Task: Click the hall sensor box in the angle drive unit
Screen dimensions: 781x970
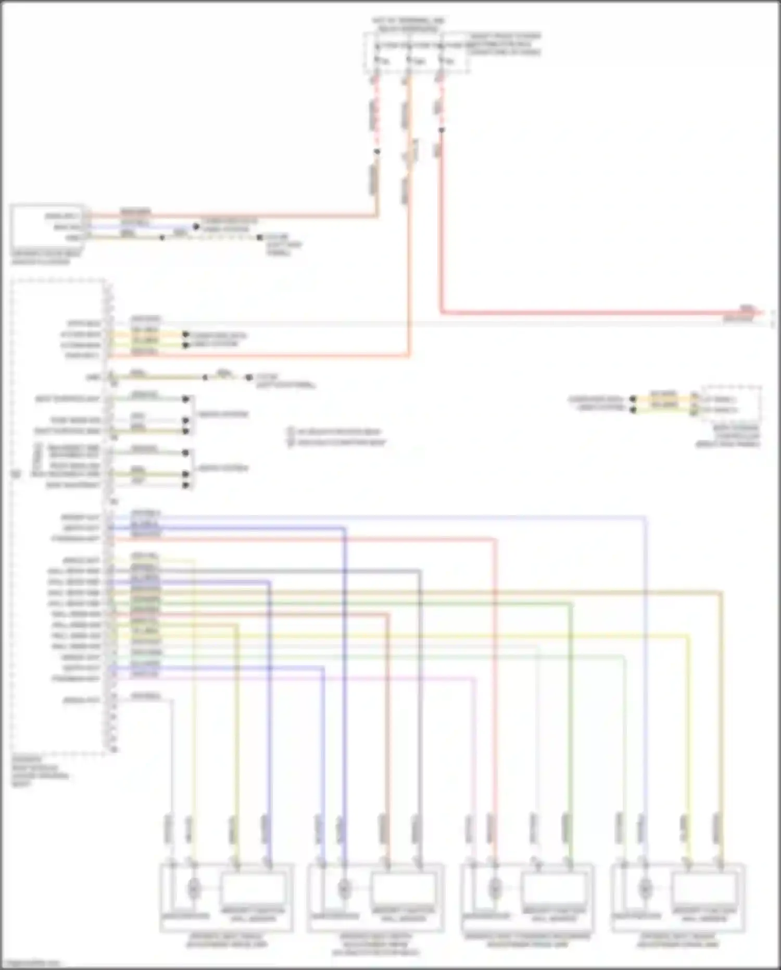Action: [x=254, y=889]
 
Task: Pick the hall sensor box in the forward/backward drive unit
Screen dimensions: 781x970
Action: [x=554, y=889]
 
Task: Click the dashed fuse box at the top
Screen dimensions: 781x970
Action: [x=417, y=52]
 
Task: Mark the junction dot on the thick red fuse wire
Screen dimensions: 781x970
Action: [x=442, y=130]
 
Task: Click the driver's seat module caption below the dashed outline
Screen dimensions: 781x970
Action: [x=39, y=771]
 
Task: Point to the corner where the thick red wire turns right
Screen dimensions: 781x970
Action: [x=442, y=313]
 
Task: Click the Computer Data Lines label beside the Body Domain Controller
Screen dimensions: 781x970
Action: [x=596, y=403]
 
